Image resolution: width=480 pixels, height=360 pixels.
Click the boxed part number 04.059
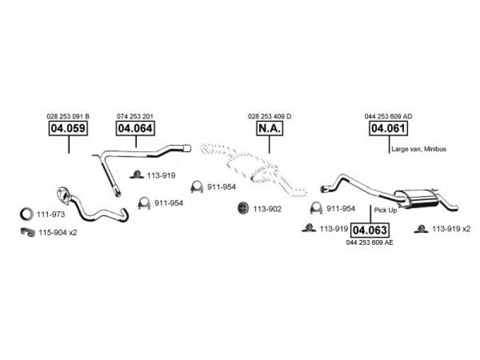pos(68,128)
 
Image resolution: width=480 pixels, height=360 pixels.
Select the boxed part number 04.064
pos(136,128)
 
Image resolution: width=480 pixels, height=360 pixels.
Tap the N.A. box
pos(269,128)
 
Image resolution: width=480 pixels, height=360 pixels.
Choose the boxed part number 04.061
pos(388,128)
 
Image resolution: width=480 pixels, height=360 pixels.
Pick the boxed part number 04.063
pos(370,230)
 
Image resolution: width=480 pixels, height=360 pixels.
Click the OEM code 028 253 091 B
pos(68,116)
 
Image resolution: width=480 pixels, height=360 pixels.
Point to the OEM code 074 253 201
pos(135,116)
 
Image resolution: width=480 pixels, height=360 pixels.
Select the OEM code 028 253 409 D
pos(269,116)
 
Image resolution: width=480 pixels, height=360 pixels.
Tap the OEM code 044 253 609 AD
pos(388,116)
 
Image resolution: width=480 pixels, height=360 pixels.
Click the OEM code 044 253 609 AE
pos(370,242)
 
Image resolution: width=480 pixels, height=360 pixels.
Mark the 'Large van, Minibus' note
pos(419,149)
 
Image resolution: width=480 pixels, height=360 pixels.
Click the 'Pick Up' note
pos(385,211)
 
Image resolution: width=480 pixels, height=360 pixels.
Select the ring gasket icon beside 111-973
pos(26,214)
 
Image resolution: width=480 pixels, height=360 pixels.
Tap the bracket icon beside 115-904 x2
pos(28,232)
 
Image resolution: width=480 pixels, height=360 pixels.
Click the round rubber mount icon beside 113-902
pos(243,208)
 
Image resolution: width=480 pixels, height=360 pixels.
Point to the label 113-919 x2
pos(451,229)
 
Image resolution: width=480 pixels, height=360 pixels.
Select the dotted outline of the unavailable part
pos(253,169)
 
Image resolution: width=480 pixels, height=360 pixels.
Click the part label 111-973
pos(51,214)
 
